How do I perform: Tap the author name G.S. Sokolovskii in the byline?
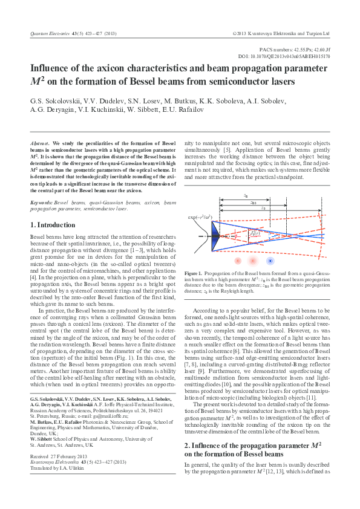[57, 101]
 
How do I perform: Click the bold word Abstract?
[40, 141]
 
